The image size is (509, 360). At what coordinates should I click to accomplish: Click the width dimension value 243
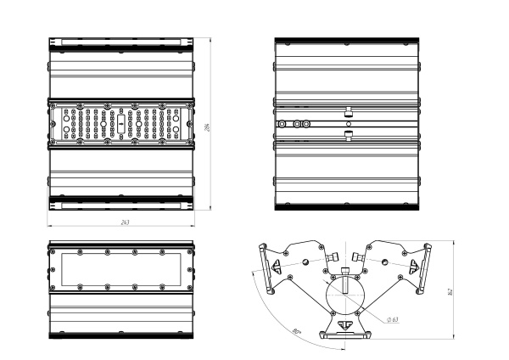(x=125, y=222)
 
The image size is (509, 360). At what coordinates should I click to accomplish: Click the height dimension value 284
(x=208, y=127)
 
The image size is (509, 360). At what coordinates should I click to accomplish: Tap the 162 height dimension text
(x=450, y=291)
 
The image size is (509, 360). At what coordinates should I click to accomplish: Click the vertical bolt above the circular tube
(x=347, y=281)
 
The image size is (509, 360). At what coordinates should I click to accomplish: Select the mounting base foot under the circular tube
(x=346, y=331)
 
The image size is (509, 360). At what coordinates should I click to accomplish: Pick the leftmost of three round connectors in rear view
(x=282, y=124)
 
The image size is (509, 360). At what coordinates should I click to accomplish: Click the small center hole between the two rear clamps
(x=349, y=124)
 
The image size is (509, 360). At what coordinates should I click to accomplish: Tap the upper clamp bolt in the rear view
(x=349, y=112)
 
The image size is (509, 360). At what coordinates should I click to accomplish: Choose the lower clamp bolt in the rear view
(x=349, y=135)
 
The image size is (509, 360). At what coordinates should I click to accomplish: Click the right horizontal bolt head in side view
(x=366, y=257)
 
